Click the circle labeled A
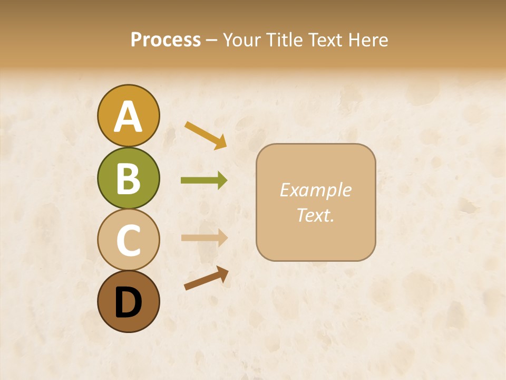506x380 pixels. click(x=128, y=116)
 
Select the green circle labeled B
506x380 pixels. click(x=128, y=178)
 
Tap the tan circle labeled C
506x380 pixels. click(x=128, y=240)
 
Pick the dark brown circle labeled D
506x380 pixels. click(x=128, y=301)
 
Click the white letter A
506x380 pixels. click(x=128, y=117)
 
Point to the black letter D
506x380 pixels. click(x=128, y=302)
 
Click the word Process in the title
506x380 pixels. click(x=166, y=40)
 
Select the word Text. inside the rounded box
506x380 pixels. click(x=315, y=215)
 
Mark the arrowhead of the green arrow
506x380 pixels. click(x=222, y=180)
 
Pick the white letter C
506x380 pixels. click(x=128, y=241)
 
